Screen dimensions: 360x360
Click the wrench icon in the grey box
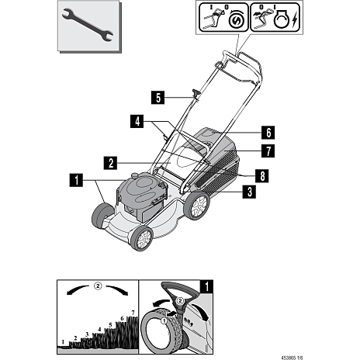click(x=88, y=26)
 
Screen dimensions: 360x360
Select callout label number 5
click(x=157, y=98)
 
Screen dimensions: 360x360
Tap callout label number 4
click(x=137, y=121)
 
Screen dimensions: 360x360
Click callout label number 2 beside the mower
click(x=110, y=163)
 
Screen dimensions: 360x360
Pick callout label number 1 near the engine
click(x=76, y=180)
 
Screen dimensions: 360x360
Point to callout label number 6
click(x=268, y=133)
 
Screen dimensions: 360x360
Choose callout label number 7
click(x=268, y=151)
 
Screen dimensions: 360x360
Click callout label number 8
click(x=262, y=176)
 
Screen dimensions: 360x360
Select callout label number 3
click(x=249, y=192)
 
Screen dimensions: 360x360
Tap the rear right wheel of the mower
click(x=197, y=205)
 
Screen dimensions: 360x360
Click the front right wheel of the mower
click(x=142, y=237)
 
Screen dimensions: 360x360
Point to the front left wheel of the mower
click(x=102, y=216)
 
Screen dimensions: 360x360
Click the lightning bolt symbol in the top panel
click(x=295, y=22)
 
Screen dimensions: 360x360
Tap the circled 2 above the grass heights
click(x=98, y=286)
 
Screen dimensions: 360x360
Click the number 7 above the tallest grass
click(x=133, y=313)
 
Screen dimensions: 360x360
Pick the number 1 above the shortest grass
click(x=63, y=342)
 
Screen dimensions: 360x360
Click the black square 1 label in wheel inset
click(x=206, y=286)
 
